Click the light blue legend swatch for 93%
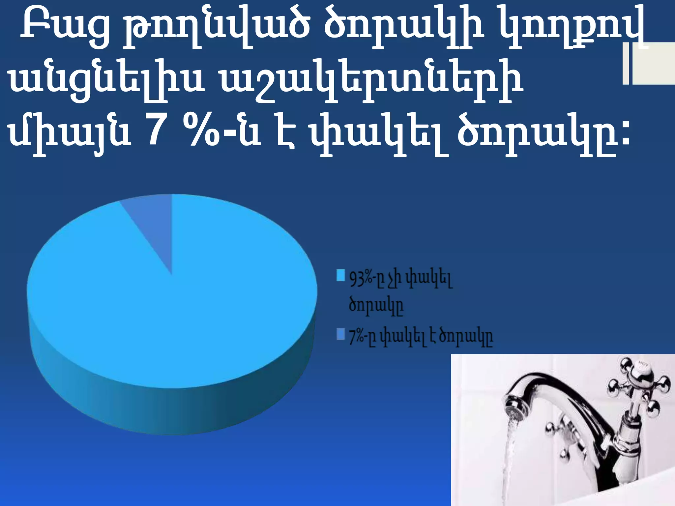340,275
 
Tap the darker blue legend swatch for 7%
340,334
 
